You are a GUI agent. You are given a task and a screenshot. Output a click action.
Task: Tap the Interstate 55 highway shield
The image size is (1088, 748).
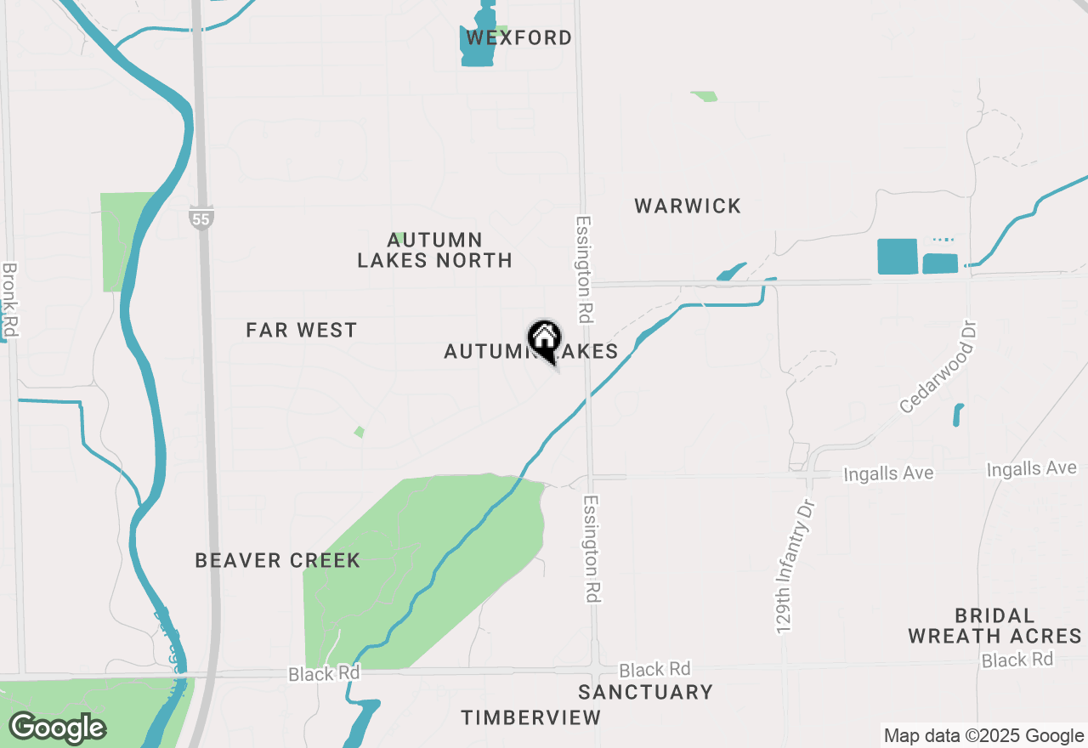pos(201,218)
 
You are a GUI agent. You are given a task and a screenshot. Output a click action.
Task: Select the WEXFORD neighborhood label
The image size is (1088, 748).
pos(517,37)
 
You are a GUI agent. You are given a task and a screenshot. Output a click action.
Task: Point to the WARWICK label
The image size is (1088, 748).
pos(688,206)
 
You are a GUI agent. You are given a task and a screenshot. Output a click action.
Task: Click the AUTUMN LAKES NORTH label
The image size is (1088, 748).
pos(434,251)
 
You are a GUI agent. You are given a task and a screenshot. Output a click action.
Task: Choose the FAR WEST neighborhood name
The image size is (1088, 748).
pos(302,330)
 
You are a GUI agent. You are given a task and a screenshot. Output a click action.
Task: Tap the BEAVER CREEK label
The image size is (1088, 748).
pos(278,560)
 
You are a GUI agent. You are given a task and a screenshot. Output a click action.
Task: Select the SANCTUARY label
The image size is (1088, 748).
pos(645,692)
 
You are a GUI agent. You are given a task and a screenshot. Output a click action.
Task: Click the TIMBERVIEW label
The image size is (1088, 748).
pos(531,717)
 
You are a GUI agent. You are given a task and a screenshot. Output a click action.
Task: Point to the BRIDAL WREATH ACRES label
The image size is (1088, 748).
pos(994,626)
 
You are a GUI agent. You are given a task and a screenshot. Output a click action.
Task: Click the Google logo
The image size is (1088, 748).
pos(57,728)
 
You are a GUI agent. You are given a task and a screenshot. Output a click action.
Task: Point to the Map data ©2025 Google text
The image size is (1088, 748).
pos(983,736)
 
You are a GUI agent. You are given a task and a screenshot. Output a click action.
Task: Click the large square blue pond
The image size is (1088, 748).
pos(897,256)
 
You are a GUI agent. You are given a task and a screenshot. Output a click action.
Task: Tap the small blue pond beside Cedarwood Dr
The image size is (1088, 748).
pos(958,415)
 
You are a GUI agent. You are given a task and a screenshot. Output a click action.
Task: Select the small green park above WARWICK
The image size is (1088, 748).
pos(704,96)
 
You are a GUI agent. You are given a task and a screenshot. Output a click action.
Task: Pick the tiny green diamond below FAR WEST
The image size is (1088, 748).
pos(360,432)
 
